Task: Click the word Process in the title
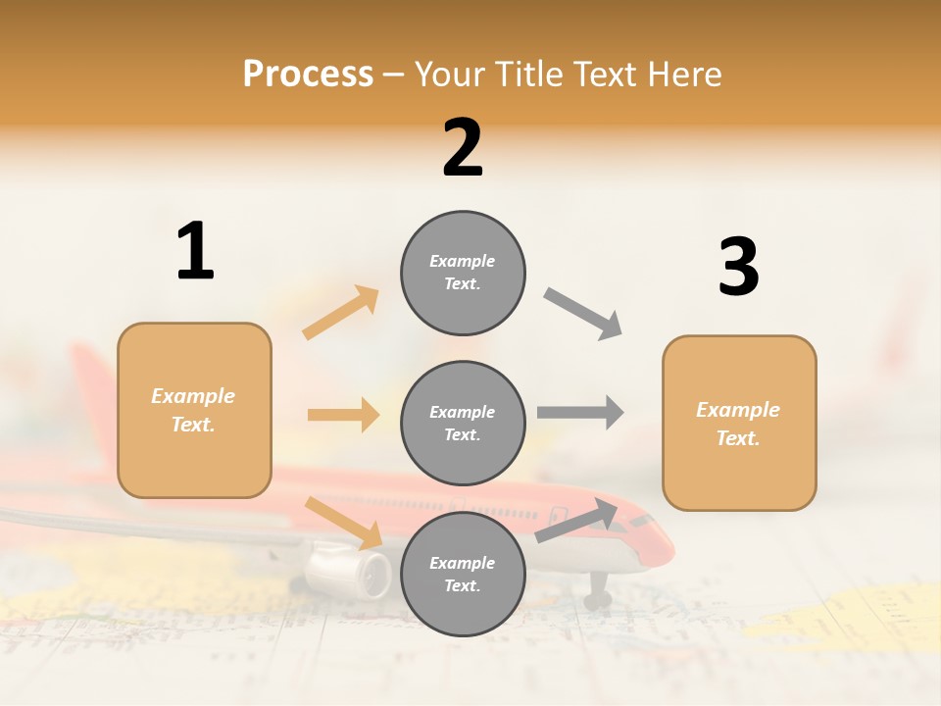(308, 75)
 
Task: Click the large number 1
(195, 251)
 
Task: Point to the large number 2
(463, 148)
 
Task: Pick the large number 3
(738, 267)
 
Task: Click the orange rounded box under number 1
(194, 410)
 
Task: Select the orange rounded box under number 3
(739, 423)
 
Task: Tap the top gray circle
(463, 273)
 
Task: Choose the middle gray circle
(463, 423)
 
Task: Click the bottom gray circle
(463, 574)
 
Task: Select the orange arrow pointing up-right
(341, 312)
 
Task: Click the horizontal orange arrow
(343, 415)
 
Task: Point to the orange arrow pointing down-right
(344, 523)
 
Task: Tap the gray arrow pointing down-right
(583, 314)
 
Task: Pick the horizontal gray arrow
(579, 412)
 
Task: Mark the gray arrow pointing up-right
(576, 521)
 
